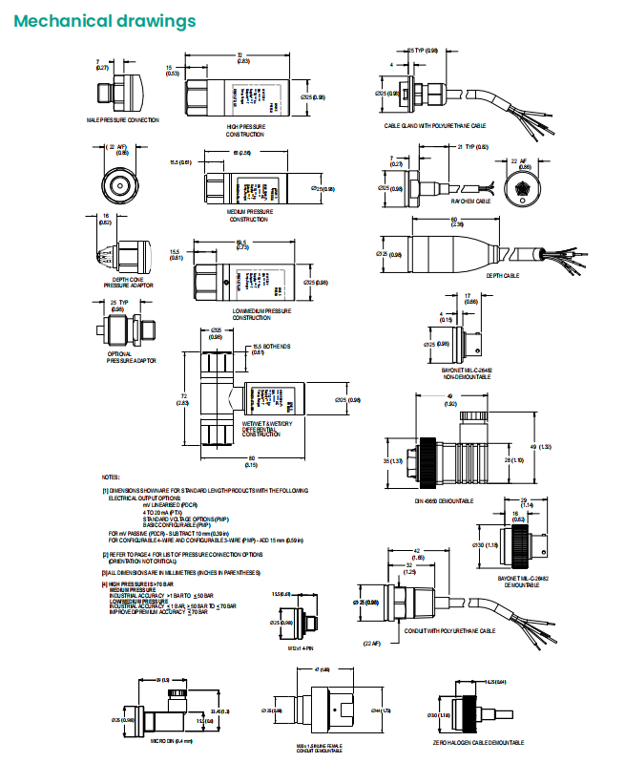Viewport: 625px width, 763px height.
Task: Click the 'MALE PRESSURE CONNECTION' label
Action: tap(122, 120)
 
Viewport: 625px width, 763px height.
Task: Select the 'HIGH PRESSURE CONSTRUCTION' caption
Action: tap(245, 129)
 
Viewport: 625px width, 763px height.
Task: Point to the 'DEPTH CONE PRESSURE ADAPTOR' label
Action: tap(128, 283)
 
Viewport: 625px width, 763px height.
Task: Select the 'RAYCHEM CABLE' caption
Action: tap(469, 201)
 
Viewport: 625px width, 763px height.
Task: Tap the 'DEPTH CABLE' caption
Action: tap(503, 275)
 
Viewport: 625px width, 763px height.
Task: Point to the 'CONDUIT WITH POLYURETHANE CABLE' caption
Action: tap(442, 631)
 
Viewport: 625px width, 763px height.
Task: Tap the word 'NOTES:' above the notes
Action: tap(111, 477)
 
